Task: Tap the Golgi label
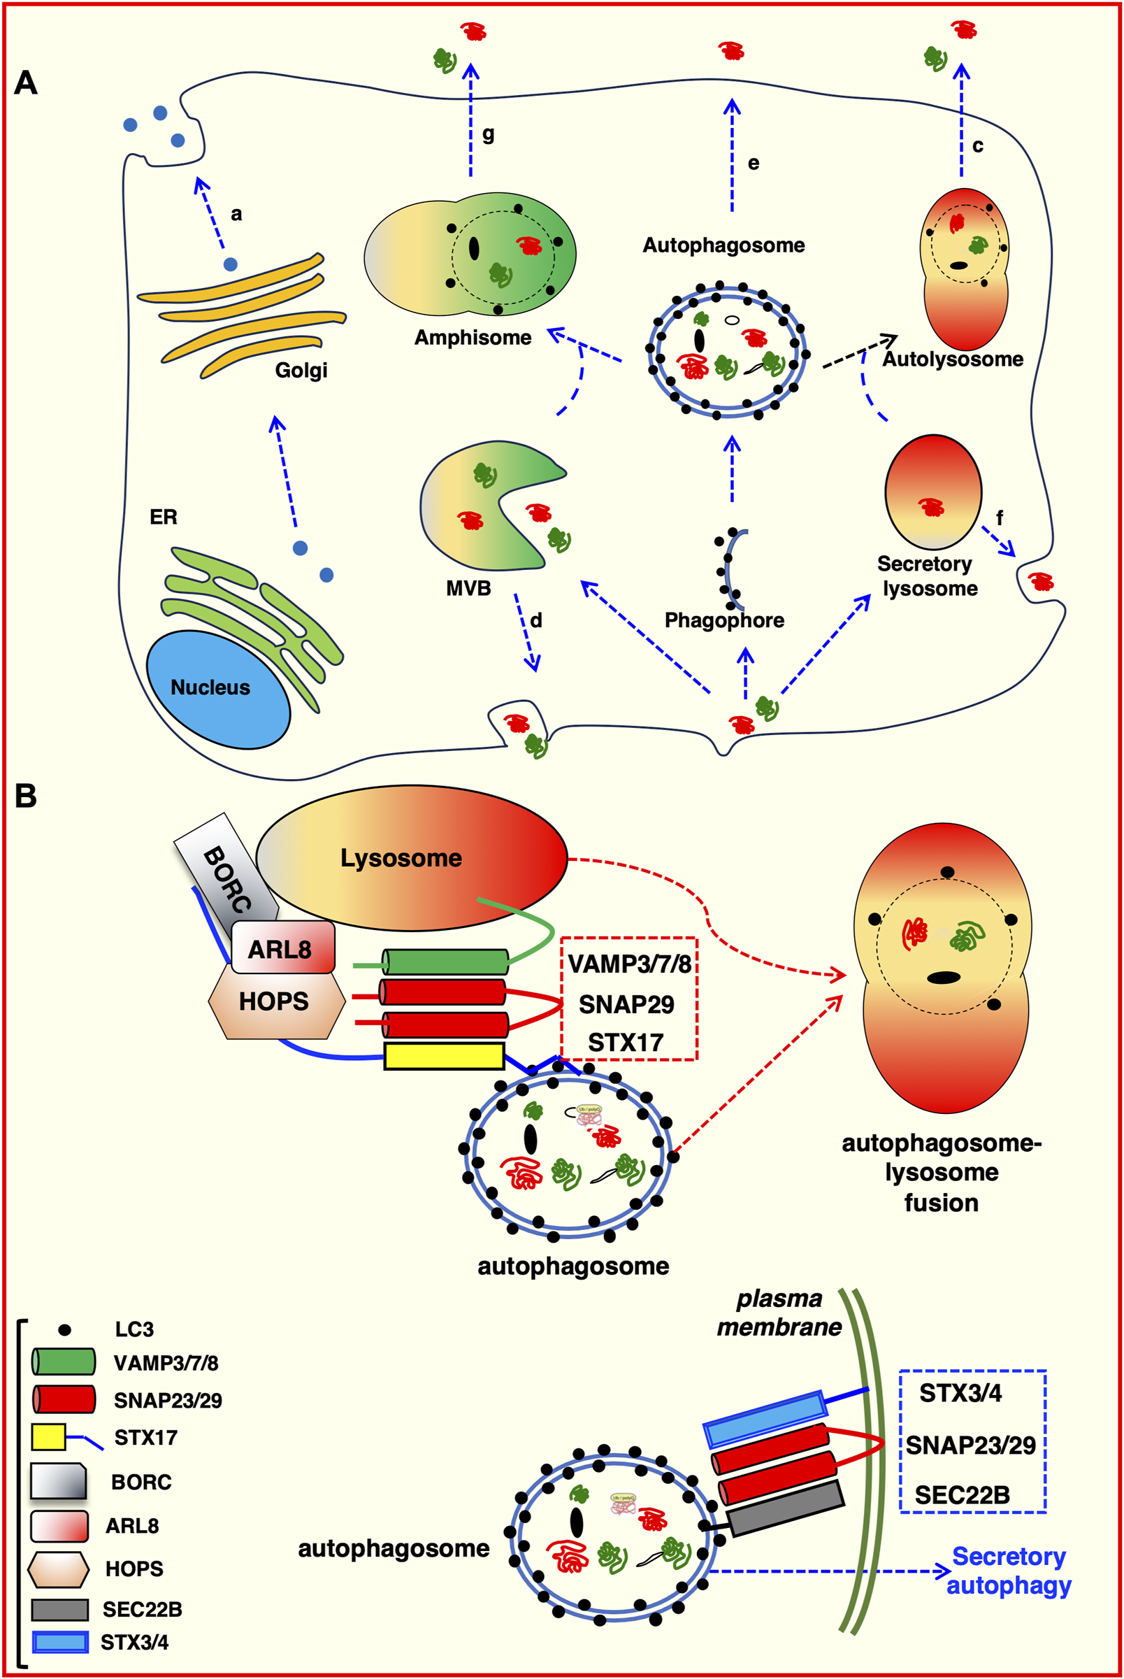(x=301, y=371)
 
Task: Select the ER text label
(x=164, y=517)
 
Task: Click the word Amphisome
(x=473, y=338)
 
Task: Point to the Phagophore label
(x=724, y=620)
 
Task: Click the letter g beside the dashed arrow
(x=488, y=134)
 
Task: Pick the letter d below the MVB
(x=536, y=620)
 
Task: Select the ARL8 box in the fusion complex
(x=281, y=949)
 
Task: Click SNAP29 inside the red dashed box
(x=626, y=1005)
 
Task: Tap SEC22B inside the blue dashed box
(x=962, y=1496)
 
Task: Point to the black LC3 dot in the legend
(x=64, y=1330)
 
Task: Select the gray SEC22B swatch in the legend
(x=60, y=1610)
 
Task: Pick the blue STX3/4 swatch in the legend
(x=60, y=1642)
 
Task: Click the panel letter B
(x=26, y=796)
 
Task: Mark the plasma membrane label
(x=779, y=1313)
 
